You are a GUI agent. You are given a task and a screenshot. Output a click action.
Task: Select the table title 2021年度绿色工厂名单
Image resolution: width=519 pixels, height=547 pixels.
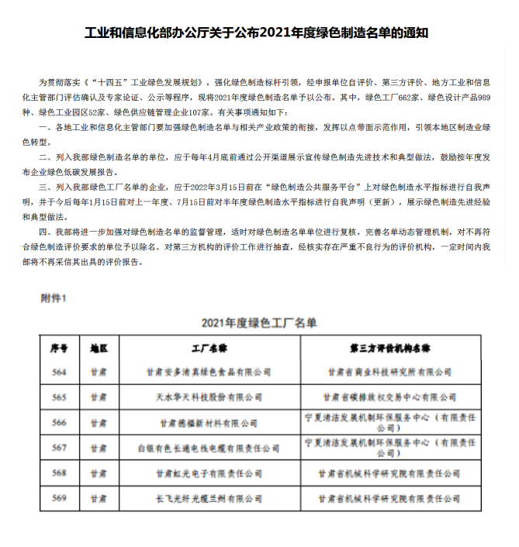(x=259, y=322)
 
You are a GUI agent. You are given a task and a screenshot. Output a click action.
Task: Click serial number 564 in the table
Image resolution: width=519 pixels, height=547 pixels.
(x=60, y=372)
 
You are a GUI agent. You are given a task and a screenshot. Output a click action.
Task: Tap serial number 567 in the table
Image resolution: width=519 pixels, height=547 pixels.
(x=60, y=447)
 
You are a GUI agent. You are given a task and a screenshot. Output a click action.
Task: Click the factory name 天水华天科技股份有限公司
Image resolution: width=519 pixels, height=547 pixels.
(x=208, y=397)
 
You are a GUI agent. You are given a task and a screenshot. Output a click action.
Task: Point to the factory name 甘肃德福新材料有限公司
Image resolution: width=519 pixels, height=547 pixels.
(x=208, y=423)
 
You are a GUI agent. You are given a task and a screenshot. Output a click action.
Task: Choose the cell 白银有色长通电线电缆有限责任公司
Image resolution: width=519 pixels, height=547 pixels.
(x=208, y=448)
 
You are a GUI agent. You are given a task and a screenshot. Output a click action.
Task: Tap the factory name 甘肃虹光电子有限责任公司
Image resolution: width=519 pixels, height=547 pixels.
(x=208, y=473)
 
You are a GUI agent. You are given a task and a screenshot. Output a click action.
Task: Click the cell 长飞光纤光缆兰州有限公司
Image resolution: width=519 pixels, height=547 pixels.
(x=208, y=497)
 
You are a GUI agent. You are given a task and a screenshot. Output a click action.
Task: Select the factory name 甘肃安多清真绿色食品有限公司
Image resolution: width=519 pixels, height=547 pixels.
(x=208, y=372)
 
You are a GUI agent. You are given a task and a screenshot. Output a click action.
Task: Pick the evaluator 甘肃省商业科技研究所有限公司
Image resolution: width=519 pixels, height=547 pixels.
(x=390, y=372)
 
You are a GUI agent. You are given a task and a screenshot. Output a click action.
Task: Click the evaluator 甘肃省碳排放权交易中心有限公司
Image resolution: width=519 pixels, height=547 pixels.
(x=390, y=397)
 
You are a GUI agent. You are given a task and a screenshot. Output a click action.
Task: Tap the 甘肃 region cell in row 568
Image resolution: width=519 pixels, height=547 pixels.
(x=99, y=473)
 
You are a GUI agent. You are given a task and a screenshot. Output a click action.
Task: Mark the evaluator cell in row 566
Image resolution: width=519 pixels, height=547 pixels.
(x=390, y=422)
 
